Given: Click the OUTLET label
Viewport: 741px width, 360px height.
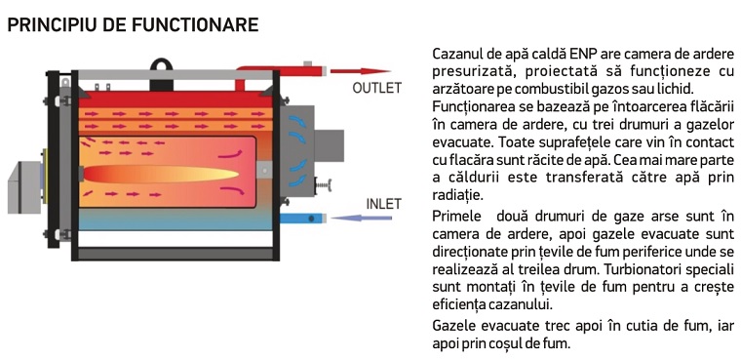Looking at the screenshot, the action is coord(376,88).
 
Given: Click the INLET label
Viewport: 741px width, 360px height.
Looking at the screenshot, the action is coord(384,204).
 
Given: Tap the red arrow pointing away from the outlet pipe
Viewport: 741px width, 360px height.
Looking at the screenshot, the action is coord(360,71).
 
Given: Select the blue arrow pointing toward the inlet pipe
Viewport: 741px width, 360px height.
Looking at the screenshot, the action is coord(362,219).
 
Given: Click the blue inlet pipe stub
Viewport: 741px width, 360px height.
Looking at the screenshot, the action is coord(303,219).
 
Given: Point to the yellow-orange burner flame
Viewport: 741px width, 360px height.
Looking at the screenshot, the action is coord(161,174).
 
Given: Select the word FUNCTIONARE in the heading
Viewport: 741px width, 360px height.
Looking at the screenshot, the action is coord(195,24).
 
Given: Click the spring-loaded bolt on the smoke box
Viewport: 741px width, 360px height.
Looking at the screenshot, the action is coord(324,185).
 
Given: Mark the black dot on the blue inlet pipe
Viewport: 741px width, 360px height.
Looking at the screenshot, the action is coord(311,219).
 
